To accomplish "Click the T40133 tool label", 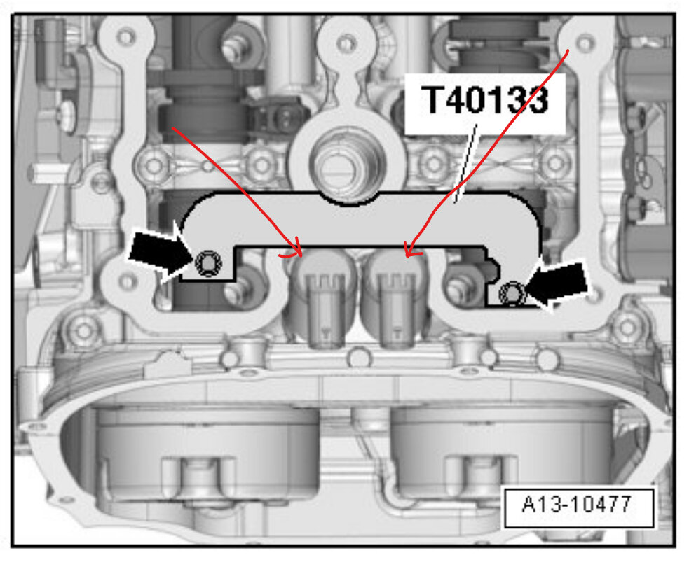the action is click(x=484, y=99).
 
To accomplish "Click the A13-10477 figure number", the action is click(x=577, y=504).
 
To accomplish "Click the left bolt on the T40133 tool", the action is click(x=208, y=263).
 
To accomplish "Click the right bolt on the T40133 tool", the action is click(x=512, y=293).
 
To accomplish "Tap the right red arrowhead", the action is click(x=411, y=250).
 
